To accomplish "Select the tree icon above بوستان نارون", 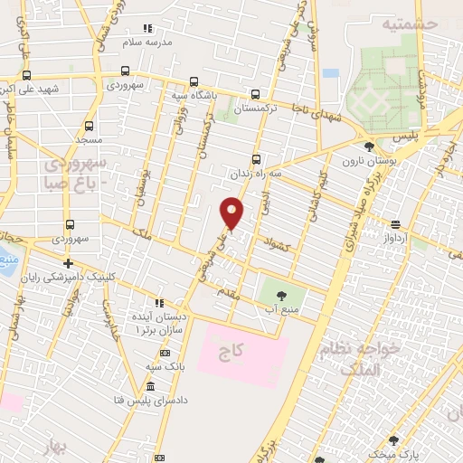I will coord(368,146).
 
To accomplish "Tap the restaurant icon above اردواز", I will coord(395,224).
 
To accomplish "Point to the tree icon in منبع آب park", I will coord(279,295).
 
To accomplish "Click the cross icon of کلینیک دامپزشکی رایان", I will coord(69,264).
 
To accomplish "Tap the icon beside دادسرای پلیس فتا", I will coord(150,386).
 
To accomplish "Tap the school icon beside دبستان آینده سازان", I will coord(159,304).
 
